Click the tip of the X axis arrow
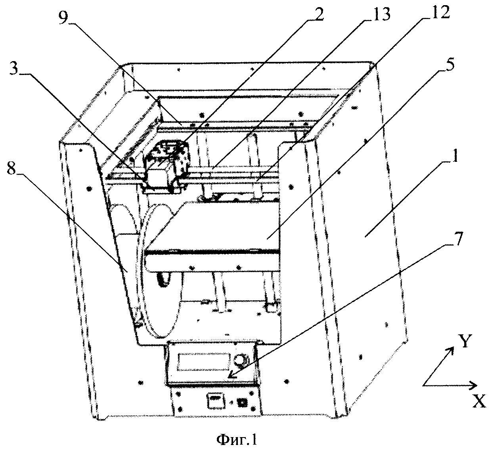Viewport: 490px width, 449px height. click(x=476, y=384)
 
